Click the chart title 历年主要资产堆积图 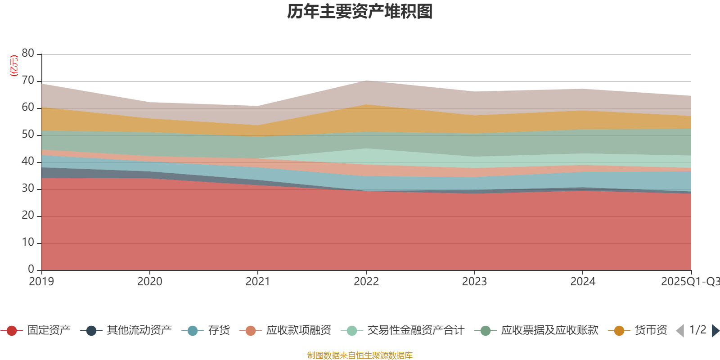[360, 12]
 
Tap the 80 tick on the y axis [28, 53]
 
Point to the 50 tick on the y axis [28, 135]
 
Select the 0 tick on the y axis [31, 269]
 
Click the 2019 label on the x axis [41, 282]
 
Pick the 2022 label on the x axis [366, 282]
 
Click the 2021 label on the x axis [258, 282]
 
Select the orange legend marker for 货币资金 [619, 331]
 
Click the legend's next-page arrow [715, 331]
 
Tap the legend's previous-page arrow [680, 331]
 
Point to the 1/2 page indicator [697, 330]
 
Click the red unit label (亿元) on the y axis [14, 66]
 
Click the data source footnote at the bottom [360, 355]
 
